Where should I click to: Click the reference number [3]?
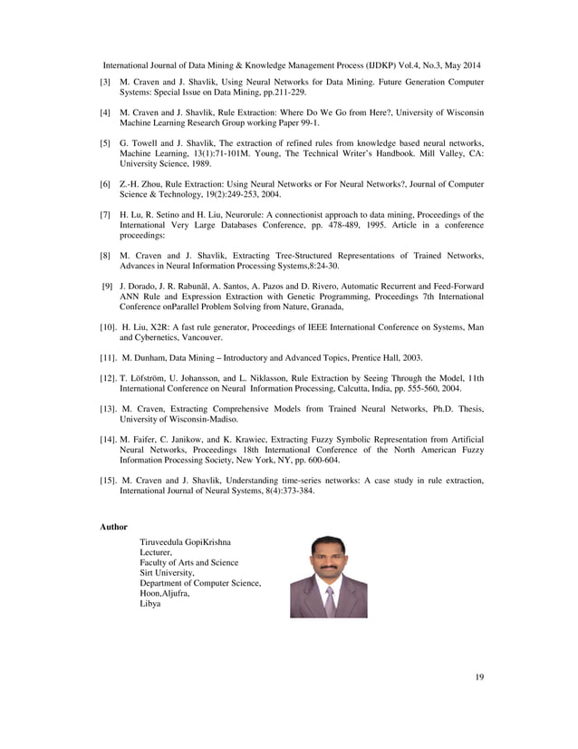point(105,83)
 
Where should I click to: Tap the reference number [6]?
point(105,185)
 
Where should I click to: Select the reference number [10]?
point(107,326)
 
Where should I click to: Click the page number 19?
point(479,676)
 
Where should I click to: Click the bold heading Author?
point(112,526)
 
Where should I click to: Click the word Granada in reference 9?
point(324,307)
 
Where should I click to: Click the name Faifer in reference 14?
point(149,440)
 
